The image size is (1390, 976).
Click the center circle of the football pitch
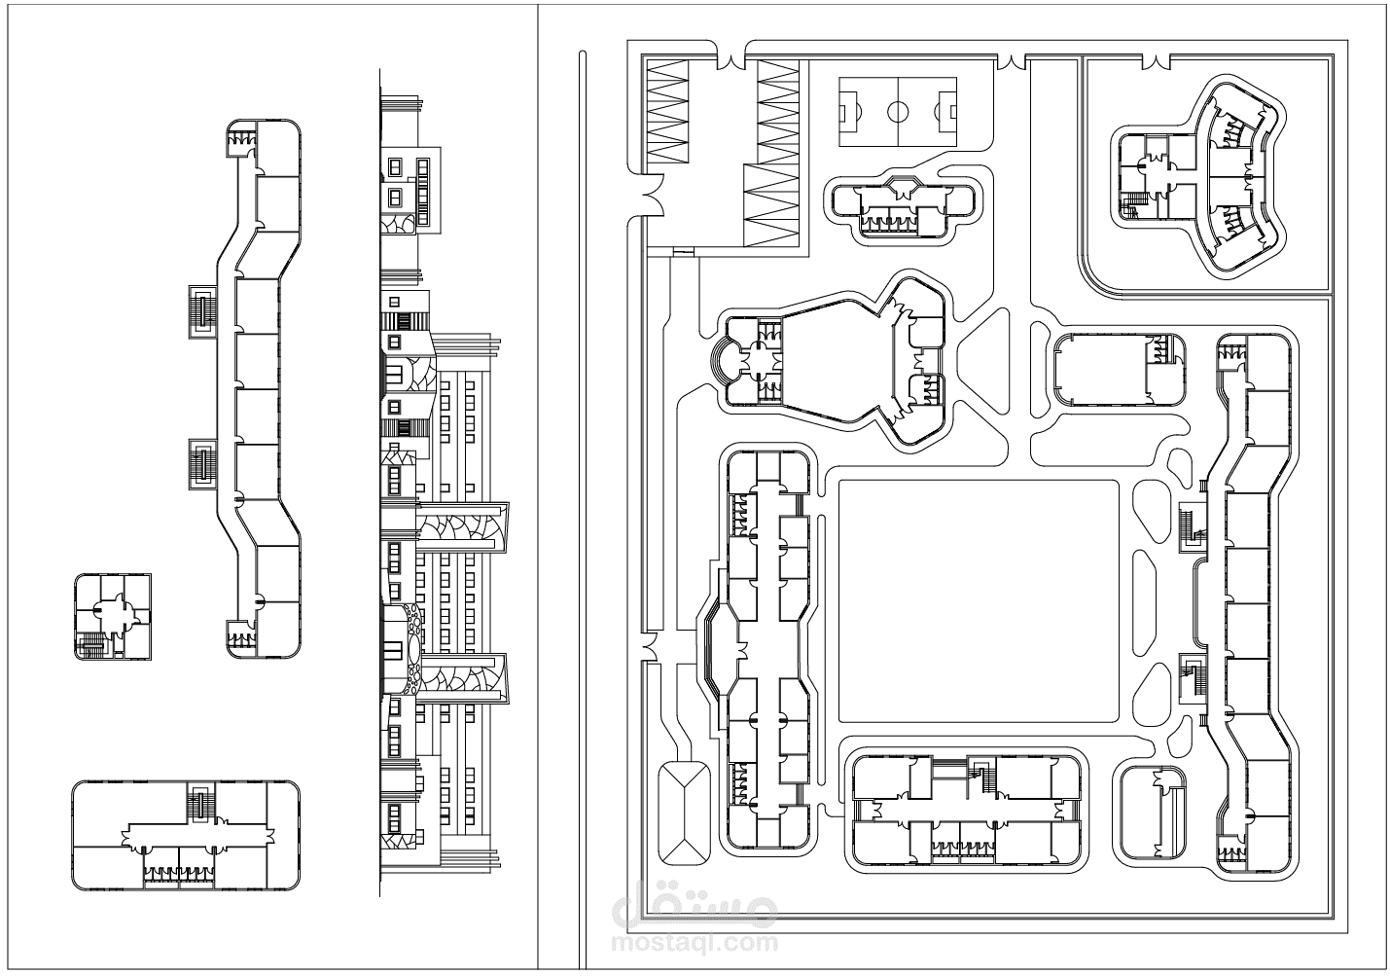pos(897,112)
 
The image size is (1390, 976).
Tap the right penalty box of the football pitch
pos(947,112)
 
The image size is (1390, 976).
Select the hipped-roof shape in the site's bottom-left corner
pos(684,813)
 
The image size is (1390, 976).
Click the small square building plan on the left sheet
pos(113,617)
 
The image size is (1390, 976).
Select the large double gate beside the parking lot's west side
pos(652,195)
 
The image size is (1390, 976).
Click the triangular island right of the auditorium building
pos(984,362)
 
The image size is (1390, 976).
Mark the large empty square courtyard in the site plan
pos(979,601)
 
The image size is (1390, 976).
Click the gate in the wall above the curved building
pos(1156,61)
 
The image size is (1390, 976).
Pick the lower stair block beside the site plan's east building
pos(1192,679)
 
